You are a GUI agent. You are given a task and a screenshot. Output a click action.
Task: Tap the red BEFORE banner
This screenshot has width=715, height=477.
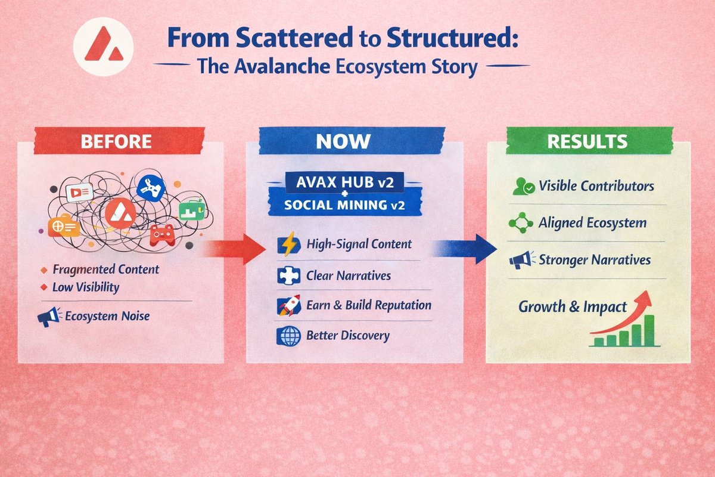click(116, 142)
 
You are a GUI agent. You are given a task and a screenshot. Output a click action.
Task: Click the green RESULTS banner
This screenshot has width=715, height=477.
click(587, 141)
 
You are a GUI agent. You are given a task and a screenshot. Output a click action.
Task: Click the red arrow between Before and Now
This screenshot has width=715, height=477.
click(235, 248)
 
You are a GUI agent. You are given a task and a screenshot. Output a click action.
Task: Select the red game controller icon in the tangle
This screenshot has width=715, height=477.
click(161, 234)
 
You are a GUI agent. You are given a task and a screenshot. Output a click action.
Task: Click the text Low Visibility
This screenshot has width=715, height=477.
click(85, 287)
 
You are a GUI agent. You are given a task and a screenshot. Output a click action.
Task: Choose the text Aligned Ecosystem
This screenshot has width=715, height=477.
click(592, 223)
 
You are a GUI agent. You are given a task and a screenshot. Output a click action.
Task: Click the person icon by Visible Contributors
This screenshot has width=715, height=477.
click(523, 187)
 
